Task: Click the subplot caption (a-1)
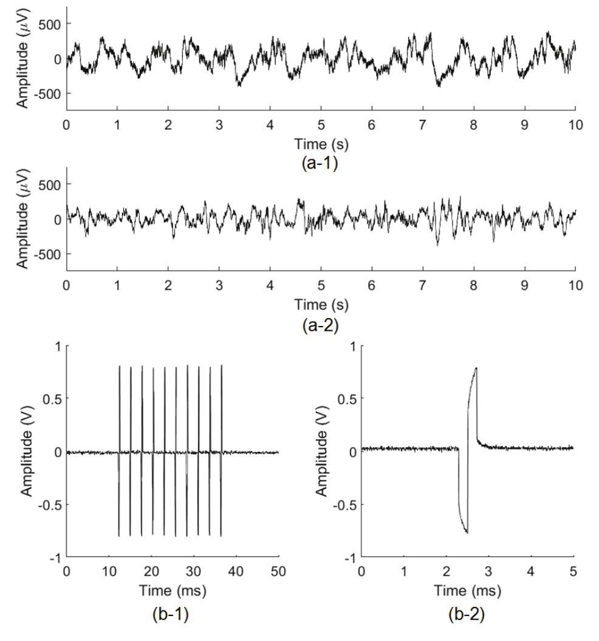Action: click(x=321, y=164)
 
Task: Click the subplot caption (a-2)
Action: click(x=321, y=325)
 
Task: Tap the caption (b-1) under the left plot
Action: click(x=173, y=618)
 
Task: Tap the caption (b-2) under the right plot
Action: click(x=467, y=618)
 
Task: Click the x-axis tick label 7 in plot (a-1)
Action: click(x=423, y=125)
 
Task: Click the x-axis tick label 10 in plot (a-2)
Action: click(x=575, y=286)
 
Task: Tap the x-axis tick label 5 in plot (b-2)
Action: click(x=573, y=570)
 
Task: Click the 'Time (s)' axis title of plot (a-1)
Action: click(x=321, y=144)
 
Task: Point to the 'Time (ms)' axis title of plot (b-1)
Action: click(x=173, y=590)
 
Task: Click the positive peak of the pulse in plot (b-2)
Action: click(x=476, y=368)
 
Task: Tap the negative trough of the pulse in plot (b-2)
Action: click(x=467, y=533)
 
